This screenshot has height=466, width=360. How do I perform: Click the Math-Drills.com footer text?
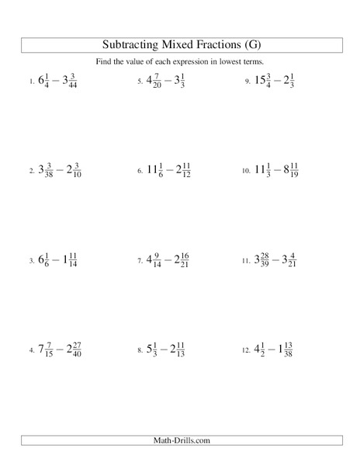tap(180, 442)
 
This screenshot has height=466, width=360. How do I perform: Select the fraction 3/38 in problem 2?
tap(48, 169)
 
